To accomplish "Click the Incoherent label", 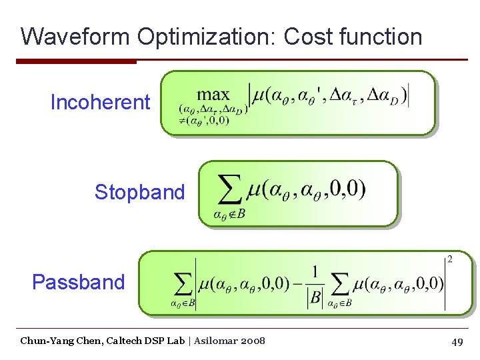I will (100, 102).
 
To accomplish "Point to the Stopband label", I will (139, 192).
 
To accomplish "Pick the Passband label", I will (78, 282).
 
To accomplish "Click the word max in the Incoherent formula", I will (213, 95).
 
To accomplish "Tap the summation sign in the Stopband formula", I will (230, 192).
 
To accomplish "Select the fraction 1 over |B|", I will (314, 285).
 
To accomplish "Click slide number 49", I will (457, 341).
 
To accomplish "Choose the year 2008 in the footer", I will (254, 341).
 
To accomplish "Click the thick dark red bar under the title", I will (76, 61).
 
